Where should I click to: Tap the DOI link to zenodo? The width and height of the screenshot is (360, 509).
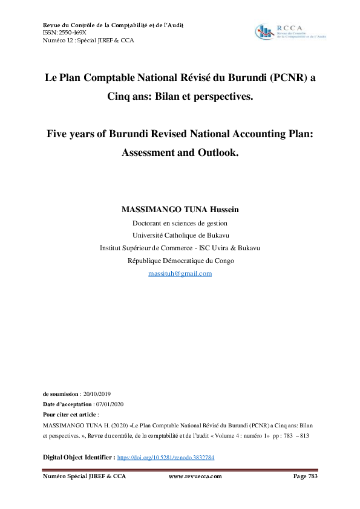[x=165, y=458]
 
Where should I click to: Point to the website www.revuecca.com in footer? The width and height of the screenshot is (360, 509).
[x=195, y=476]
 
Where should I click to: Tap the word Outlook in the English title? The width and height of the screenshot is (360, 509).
[x=215, y=152]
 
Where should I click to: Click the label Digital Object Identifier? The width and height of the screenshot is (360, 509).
[x=79, y=458]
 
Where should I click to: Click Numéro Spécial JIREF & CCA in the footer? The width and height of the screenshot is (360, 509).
[x=84, y=476]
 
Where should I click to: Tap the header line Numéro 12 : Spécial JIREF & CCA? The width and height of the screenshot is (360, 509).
[x=88, y=41]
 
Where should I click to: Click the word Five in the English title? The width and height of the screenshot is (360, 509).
[x=59, y=133]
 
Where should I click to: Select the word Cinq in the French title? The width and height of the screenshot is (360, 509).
[x=121, y=97]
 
